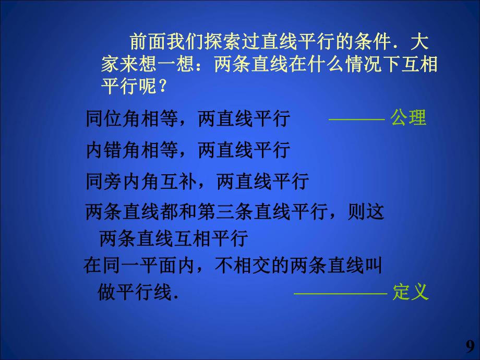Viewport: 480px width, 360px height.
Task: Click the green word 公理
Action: click(409, 118)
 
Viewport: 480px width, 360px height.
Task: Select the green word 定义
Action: click(411, 292)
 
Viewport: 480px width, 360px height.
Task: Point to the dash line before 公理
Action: click(356, 119)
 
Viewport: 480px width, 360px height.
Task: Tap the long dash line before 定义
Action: click(340, 293)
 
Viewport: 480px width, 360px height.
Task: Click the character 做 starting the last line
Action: click(106, 293)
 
